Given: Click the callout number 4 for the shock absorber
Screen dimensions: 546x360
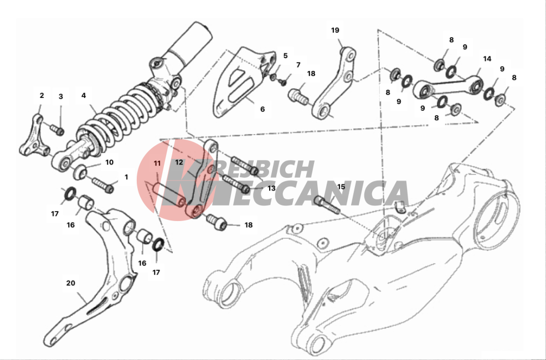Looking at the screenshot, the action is (x=84, y=95).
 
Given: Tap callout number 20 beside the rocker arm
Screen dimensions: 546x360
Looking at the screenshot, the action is (x=71, y=283).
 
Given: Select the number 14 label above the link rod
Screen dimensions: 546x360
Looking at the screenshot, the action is (x=487, y=59).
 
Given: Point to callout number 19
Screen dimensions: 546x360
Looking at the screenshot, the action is (x=335, y=30).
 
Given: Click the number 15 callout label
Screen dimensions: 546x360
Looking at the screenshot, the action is (x=341, y=187).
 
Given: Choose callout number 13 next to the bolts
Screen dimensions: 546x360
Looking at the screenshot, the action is (x=271, y=188).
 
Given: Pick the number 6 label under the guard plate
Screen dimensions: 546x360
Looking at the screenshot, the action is (x=262, y=109).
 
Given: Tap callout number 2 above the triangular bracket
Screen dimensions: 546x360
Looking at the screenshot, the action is (x=42, y=95).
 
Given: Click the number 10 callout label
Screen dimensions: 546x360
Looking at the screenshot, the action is (x=109, y=162).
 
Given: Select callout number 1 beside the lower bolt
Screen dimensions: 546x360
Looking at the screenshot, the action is (x=126, y=177).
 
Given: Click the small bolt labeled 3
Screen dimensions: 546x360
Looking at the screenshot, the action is (x=58, y=130).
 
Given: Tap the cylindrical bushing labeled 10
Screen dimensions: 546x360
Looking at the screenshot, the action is (x=79, y=172).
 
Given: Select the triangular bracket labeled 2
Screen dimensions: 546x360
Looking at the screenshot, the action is (x=34, y=136).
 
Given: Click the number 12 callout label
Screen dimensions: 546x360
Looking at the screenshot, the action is (x=179, y=162).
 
